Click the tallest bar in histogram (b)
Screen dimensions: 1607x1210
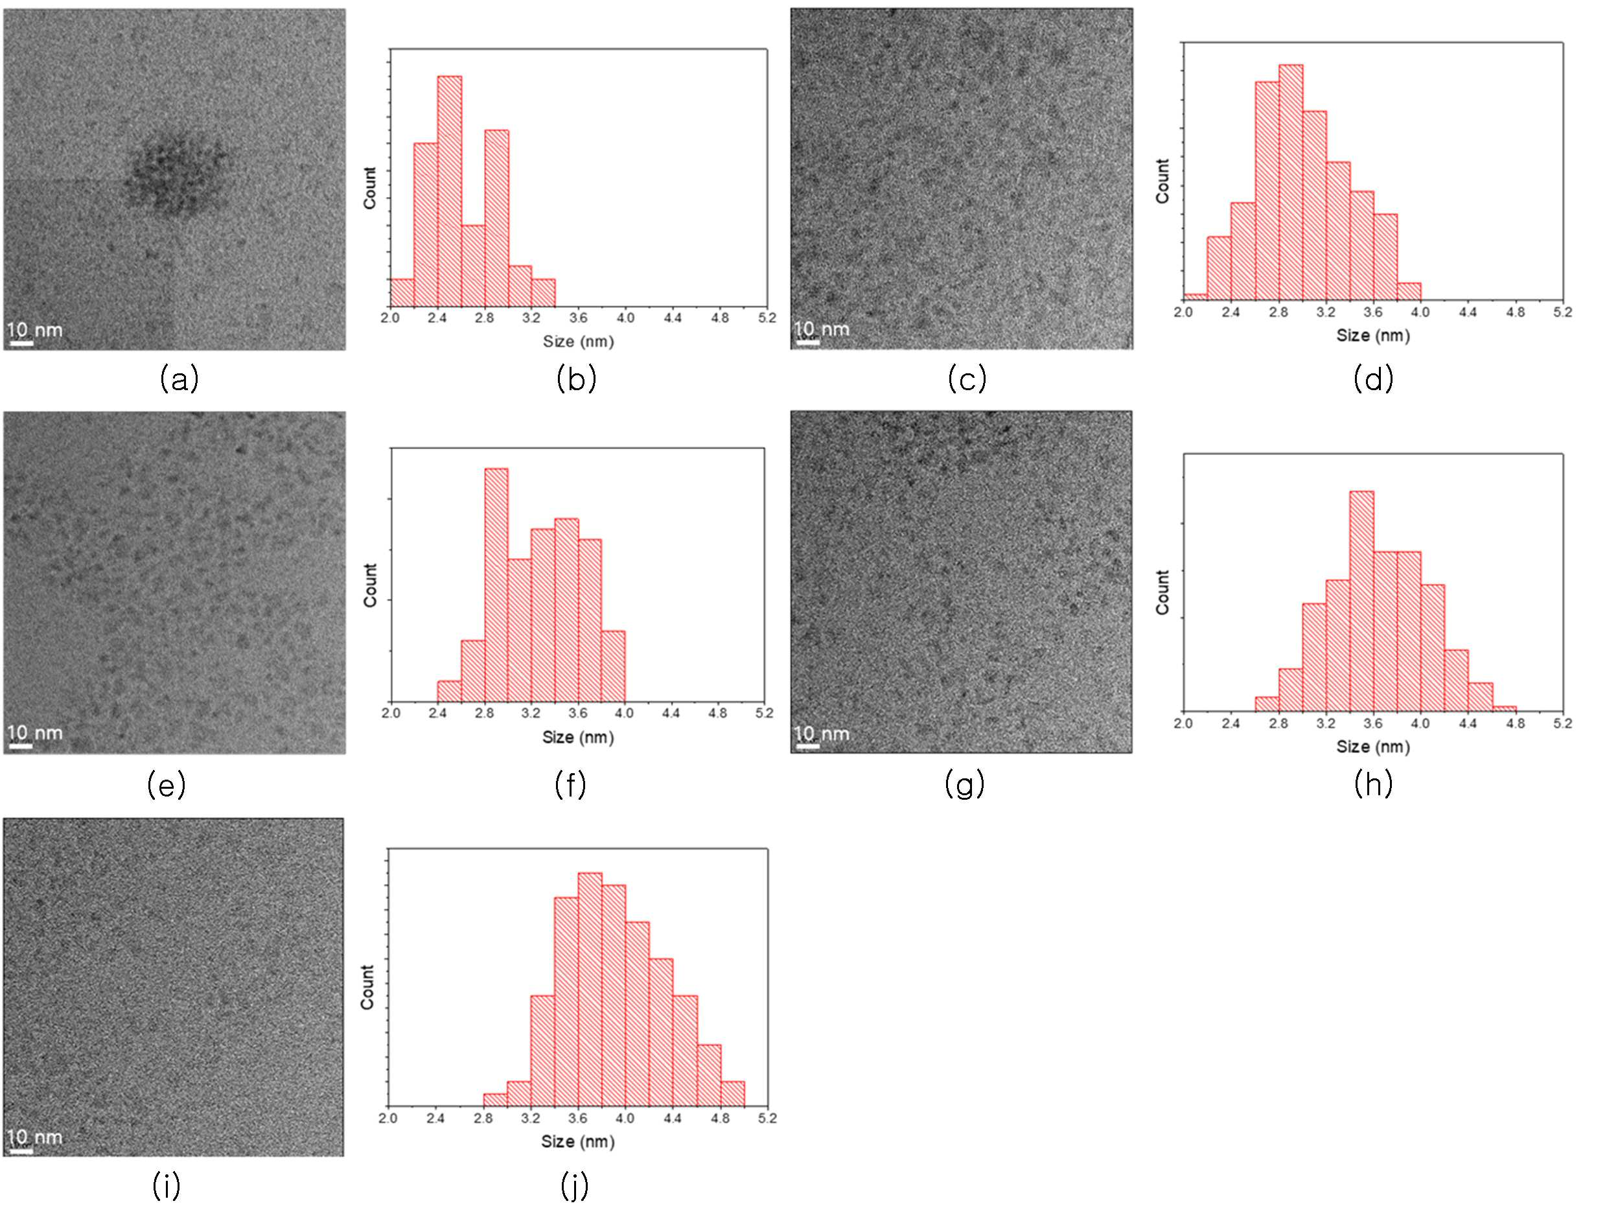[x=449, y=191]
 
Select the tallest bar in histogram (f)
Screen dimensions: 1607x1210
[x=496, y=585]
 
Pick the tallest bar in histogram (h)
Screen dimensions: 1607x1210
[x=1361, y=601]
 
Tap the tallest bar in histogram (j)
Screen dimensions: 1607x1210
[x=590, y=989]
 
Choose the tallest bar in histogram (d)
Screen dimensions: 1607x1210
[x=1290, y=181]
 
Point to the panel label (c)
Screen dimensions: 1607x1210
[x=967, y=379]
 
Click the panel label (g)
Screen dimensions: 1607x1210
[x=964, y=784]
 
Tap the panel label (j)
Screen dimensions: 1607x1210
[x=574, y=1186]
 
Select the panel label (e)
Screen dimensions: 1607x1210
[x=167, y=785]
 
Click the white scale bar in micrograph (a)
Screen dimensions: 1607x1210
[x=22, y=342]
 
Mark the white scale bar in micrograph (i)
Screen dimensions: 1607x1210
[x=21, y=1150]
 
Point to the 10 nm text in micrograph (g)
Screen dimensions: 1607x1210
[x=822, y=734]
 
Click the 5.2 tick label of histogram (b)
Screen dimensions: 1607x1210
[x=767, y=318]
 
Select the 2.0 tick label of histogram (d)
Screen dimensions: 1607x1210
[x=1183, y=312]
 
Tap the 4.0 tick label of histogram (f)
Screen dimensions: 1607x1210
[x=624, y=714]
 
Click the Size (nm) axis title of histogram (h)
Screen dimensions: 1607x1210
[x=1373, y=747]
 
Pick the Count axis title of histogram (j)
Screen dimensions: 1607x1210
[x=367, y=987]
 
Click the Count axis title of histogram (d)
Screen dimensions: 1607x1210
[x=1163, y=181]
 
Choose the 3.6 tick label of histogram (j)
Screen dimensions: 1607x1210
[x=578, y=1119]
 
